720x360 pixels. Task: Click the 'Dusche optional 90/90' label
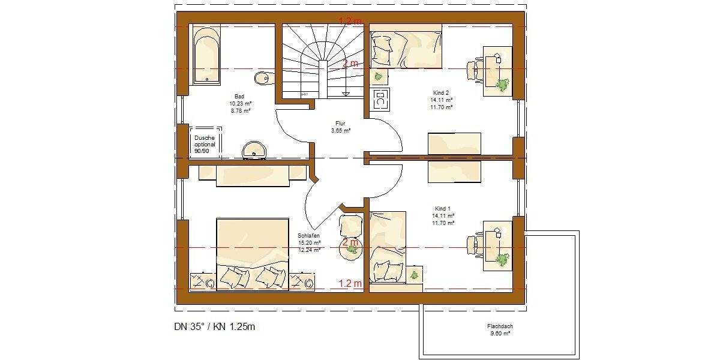tap(204, 144)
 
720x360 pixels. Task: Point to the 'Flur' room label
tap(340, 123)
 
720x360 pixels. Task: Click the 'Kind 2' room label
tap(441, 93)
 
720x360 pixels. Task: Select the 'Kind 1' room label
tap(441, 208)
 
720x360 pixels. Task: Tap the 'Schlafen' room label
tap(308, 236)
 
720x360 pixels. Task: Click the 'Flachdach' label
tap(500, 326)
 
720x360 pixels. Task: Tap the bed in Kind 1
tap(388, 247)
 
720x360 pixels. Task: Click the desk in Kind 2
tap(498, 71)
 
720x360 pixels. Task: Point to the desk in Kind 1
tap(498, 245)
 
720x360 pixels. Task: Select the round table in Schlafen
tap(350, 248)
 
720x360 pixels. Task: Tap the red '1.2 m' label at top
tap(351, 21)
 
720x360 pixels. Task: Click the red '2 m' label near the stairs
tap(350, 64)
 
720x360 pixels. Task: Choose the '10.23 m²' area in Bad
tap(239, 103)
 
